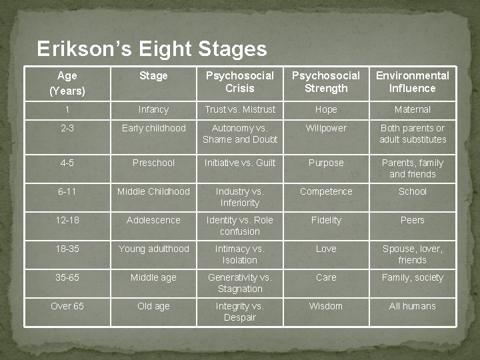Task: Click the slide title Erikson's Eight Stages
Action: (x=152, y=49)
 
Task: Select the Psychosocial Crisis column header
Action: (x=239, y=82)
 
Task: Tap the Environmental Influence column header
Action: (x=413, y=82)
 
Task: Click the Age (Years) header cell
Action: (x=67, y=83)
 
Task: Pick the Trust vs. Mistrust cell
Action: (x=239, y=109)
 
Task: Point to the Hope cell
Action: (x=326, y=109)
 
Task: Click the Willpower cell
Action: (x=326, y=128)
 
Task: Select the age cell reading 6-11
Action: (x=67, y=191)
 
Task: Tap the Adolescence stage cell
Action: (x=153, y=220)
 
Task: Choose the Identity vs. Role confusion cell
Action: (x=239, y=225)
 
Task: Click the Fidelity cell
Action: (x=326, y=220)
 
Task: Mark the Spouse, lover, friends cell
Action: (x=413, y=254)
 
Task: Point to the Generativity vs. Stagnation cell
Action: (x=239, y=283)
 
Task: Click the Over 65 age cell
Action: (x=67, y=306)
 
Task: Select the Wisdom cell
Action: (x=326, y=306)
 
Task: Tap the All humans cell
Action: (x=413, y=306)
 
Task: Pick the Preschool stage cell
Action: (x=153, y=163)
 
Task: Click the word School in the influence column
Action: (x=413, y=191)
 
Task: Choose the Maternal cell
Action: (x=413, y=109)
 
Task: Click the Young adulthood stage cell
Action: (x=153, y=249)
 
